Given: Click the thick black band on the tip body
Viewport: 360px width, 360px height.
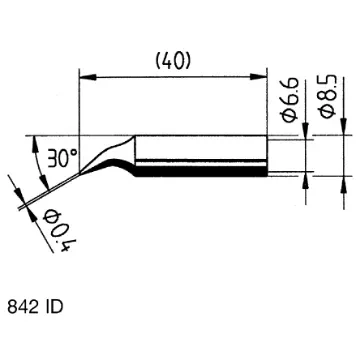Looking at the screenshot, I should (x=200, y=171).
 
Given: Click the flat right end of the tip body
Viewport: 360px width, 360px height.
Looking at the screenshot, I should (x=268, y=156).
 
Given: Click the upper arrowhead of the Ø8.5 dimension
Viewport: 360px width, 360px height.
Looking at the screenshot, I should (x=341, y=130).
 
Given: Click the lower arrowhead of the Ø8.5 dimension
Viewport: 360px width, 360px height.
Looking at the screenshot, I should (x=341, y=183).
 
